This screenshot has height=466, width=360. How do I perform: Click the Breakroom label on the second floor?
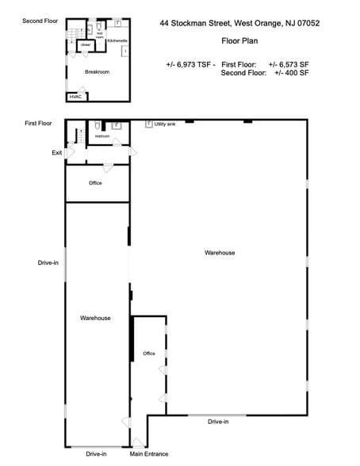(x=97, y=71)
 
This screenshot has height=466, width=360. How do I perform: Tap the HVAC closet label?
(x=76, y=97)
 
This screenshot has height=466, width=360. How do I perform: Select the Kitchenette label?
(x=117, y=40)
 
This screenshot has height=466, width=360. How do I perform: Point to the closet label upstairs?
(x=84, y=45)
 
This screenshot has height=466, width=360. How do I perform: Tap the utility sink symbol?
(x=148, y=124)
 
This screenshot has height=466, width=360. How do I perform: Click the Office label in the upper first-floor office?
(x=95, y=183)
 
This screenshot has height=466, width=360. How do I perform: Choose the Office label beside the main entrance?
(x=148, y=353)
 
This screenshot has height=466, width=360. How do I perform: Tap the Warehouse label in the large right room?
(x=220, y=253)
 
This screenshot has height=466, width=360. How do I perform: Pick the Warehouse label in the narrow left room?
(x=95, y=318)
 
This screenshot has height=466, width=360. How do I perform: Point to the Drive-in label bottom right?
(x=218, y=422)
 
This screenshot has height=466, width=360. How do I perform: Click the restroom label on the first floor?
(x=102, y=136)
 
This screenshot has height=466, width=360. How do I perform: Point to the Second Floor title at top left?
(x=39, y=20)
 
